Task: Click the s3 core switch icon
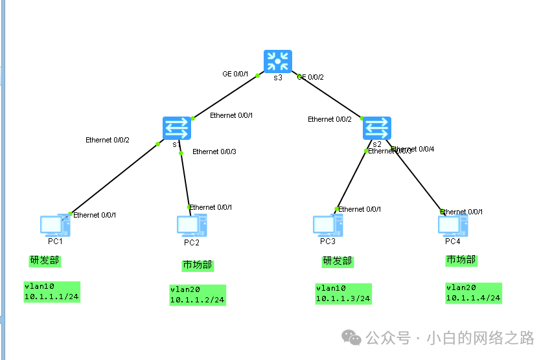click(278, 62)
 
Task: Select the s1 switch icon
click(177, 128)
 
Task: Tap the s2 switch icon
click(376, 128)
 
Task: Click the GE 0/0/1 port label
click(235, 74)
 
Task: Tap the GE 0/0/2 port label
click(311, 77)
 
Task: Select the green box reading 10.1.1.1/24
click(52, 291)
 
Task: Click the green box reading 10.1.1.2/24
click(198, 295)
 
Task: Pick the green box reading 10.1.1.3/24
click(343, 293)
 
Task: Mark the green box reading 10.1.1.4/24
click(473, 293)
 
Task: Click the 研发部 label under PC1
click(45, 260)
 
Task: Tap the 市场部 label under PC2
click(198, 265)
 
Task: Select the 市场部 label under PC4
click(461, 260)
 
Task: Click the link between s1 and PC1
click(113, 179)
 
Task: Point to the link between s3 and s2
click(327, 96)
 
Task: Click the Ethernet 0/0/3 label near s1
click(214, 152)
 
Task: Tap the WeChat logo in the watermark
click(352, 337)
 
